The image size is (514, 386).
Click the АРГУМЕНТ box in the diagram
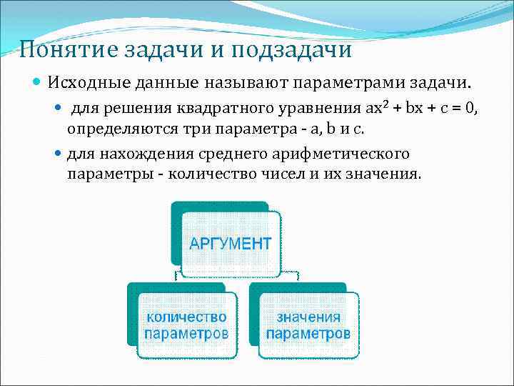coord(230,243)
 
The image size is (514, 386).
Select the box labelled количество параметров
coord(186,325)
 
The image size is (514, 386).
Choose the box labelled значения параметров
coord(308,325)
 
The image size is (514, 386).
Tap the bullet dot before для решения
coord(59,109)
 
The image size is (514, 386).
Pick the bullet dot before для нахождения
coord(59,154)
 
